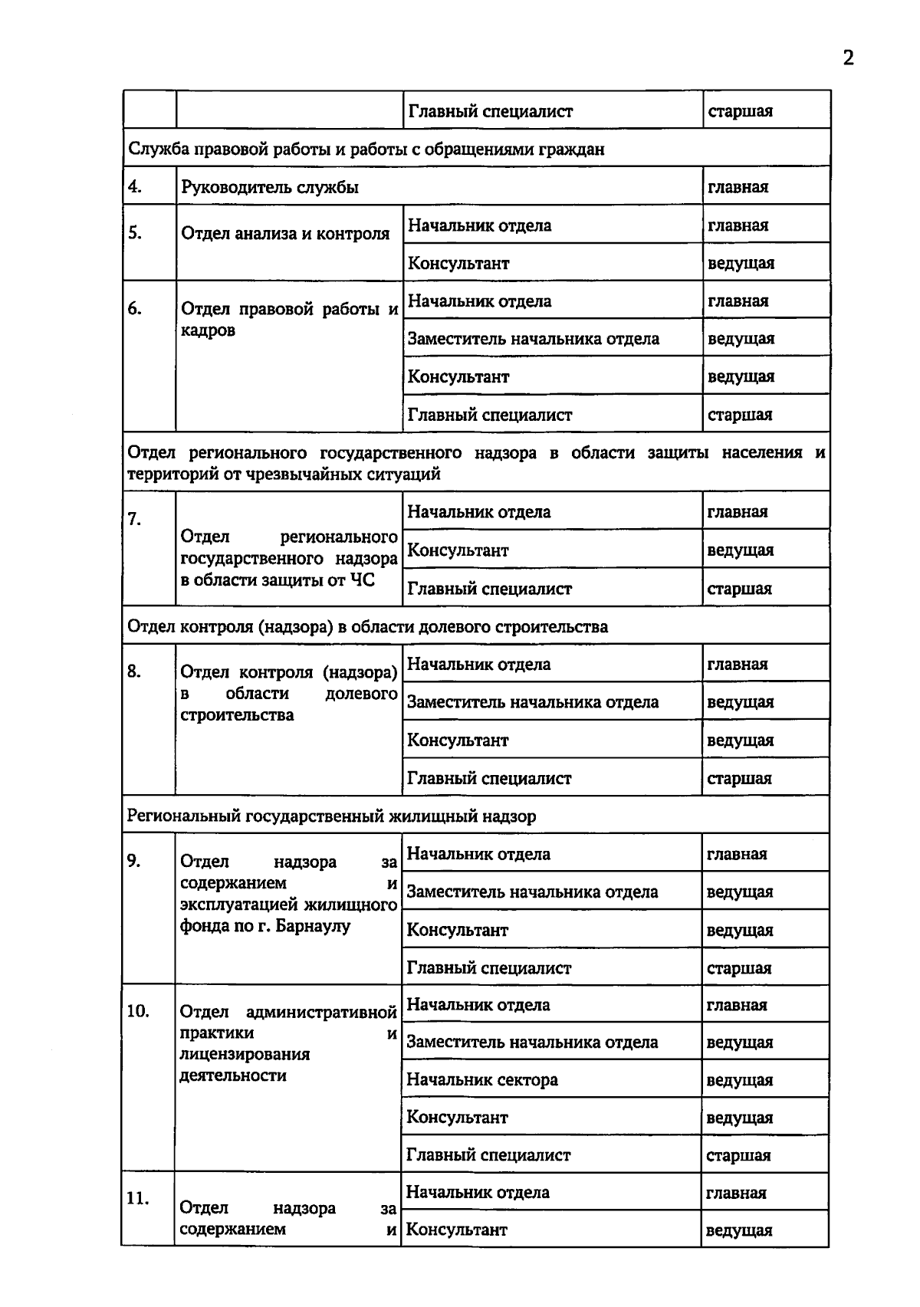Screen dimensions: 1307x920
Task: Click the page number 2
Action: click(848, 58)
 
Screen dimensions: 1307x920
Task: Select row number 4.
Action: click(135, 186)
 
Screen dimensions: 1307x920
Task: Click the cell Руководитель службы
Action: click(270, 187)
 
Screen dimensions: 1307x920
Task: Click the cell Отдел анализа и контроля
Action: click(285, 234)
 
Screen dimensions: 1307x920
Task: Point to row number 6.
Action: click(135, 308)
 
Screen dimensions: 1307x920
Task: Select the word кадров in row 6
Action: click(208, 331)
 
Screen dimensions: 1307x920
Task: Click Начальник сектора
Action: click(481, 1080)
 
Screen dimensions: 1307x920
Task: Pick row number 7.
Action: click(135, 519)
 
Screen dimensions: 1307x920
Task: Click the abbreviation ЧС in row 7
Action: click(362, 580)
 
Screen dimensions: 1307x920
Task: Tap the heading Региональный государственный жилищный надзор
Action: click(331, 816)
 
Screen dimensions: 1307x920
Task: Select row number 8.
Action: click(134, 672)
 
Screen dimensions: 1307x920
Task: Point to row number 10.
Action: click(137, 1011)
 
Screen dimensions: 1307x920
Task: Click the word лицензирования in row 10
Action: click(245, 1054)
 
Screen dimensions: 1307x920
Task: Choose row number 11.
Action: click(137, 1199)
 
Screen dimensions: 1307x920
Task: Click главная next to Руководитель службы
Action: click(738, 187)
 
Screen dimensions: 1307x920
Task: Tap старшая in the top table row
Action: click(740, 111)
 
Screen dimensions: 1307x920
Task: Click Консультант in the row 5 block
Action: click(458, 263)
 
